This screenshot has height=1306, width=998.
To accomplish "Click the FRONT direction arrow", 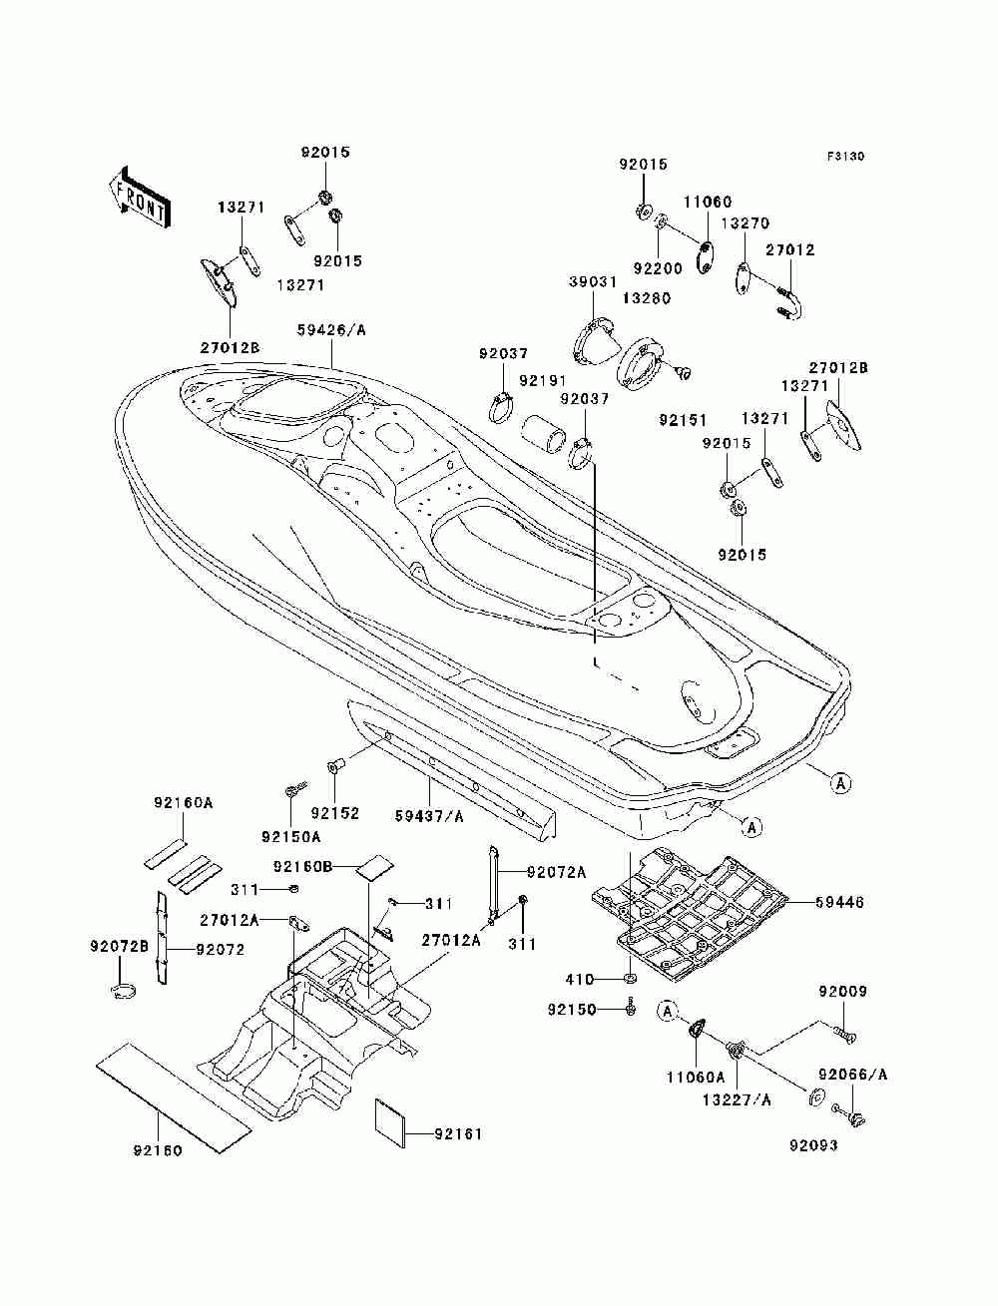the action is (x=140, y=197).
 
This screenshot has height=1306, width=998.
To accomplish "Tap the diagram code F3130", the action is (x=845, y=157).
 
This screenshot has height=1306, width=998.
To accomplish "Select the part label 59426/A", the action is (x=331, y=330).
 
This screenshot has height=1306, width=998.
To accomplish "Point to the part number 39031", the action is (x=593, y=281).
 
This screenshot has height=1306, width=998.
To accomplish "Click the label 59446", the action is (x=839, y=903).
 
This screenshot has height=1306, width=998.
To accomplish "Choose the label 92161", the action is (x=458, y=1134).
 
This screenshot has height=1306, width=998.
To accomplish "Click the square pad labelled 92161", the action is (x=390, y=1122).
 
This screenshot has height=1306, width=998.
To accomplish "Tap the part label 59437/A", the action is (x=429, y=816).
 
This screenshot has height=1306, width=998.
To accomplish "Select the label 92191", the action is (x=543, y=380).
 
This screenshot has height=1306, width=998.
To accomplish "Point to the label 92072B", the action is (x=120, y=946).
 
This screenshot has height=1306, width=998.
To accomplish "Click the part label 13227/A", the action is (x=737, y=1100).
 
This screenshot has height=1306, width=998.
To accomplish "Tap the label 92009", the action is (x=842, y=992).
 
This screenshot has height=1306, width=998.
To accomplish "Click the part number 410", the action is (x=580, y=980).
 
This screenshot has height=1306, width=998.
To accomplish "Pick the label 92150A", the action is (x=291, y=837).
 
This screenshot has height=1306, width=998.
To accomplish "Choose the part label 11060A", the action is (x=696, y=1078).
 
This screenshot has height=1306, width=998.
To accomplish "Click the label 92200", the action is (x=658, y=268).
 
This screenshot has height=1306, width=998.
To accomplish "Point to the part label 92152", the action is (x=335, y=813).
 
